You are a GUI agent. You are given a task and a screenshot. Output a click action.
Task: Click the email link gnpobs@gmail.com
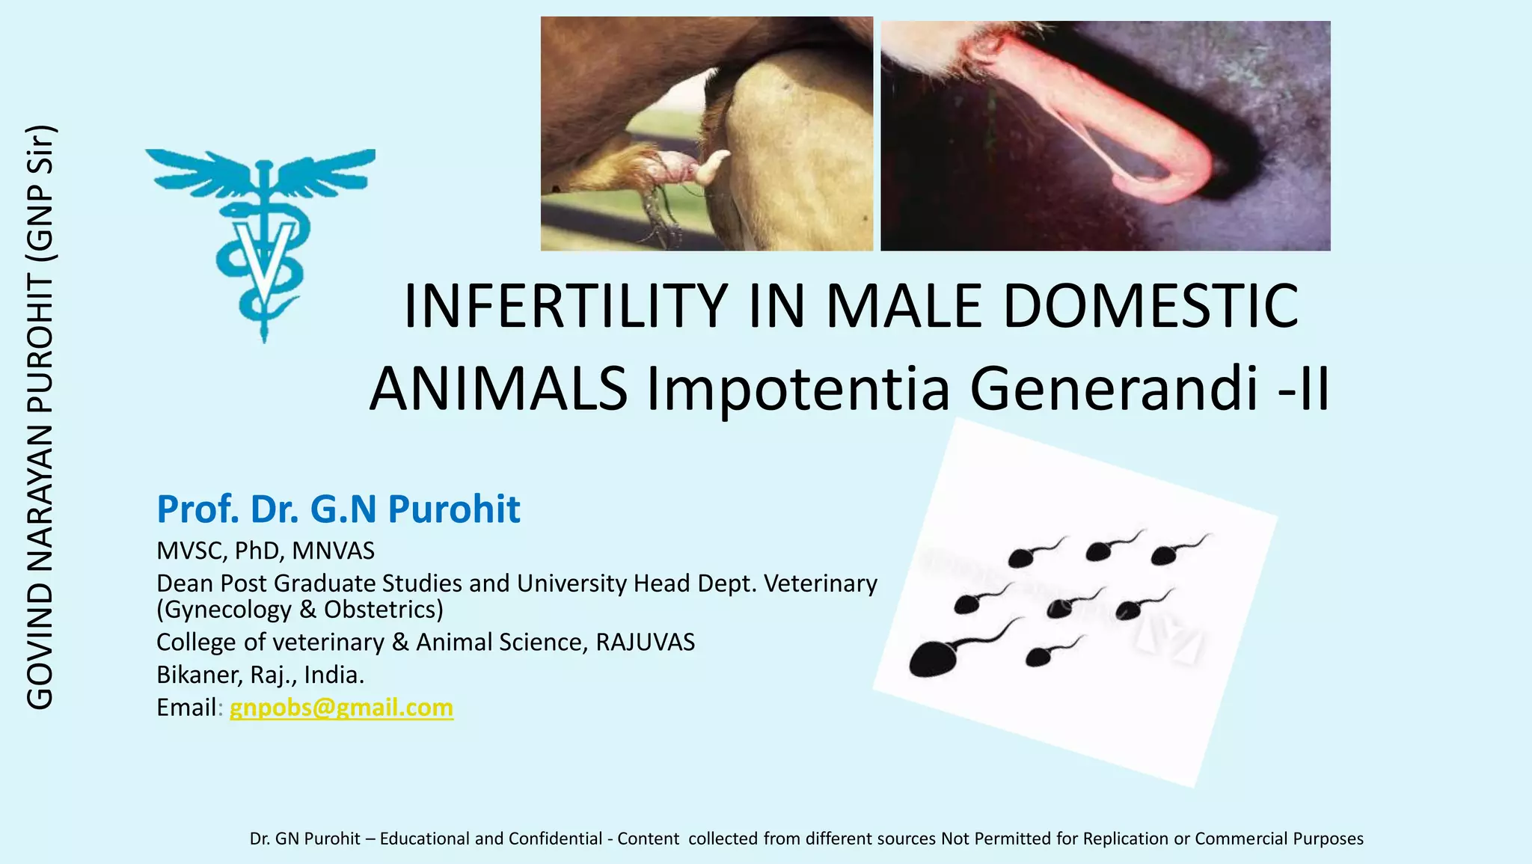coord(341,708)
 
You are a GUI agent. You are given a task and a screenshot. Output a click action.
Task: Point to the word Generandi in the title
coord(1114,389)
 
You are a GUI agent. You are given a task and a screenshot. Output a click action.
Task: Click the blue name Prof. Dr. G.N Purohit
coord(338,509)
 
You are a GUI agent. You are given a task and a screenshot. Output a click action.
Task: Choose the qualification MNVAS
coord(333,551)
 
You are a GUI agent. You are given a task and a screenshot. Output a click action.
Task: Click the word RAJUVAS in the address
coord(645,643)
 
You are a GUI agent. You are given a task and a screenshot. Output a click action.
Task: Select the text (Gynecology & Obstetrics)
coord(300,610)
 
